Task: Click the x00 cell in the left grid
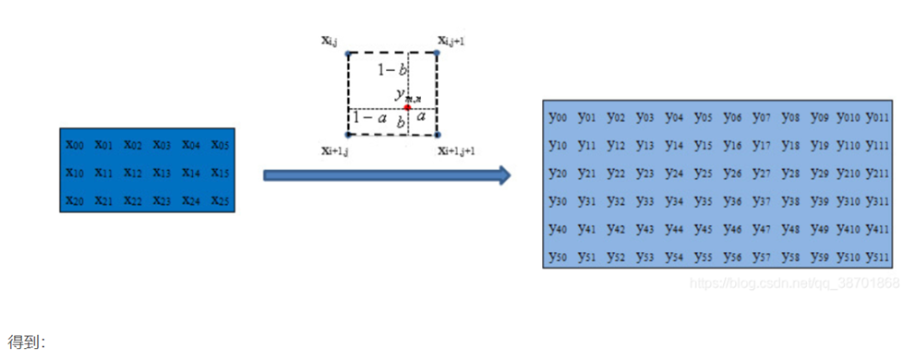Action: (x=76, y=145)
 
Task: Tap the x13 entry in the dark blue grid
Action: (x=163, y=174)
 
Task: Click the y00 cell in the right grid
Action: (x=557, y=117)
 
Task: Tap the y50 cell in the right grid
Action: (x=557, y=256)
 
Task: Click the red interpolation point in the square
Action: (x=407, y=108)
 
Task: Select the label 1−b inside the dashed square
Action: (x=393, y=70)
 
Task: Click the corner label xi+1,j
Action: (x=334, y=150)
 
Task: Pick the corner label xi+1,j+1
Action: (x=457, y=150)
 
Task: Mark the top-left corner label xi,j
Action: (x=330, y=42)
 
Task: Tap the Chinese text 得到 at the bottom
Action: (x=26, y=342)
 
